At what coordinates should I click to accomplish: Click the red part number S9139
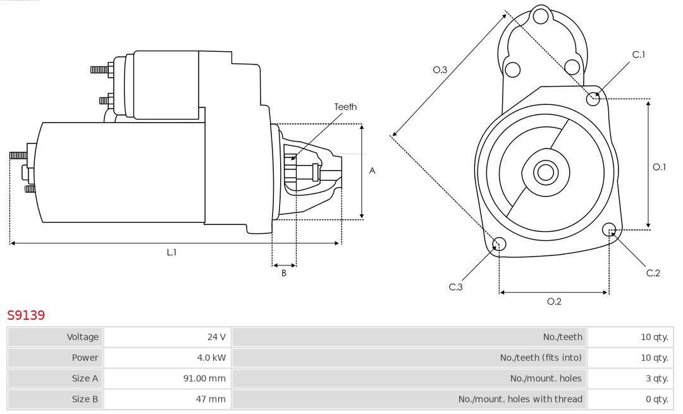pyautogui.click(x=26, y=315)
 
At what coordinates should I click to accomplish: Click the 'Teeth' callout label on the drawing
pyautogui.click(x=345, y=107)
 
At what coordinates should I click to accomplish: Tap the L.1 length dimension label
pyautogui.click(x=171, y=252)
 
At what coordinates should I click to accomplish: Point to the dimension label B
pyautogui.click(x=284, y=274)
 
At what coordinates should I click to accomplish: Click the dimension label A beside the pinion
pyautogui.click(x=372, y=171)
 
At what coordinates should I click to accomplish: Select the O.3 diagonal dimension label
pyautogui.click(x=440, y=70)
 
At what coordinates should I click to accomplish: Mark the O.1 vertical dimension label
pyautogui.click(x=659, y=167)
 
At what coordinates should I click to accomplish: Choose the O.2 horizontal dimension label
pyautogui.click(x=554, y=301)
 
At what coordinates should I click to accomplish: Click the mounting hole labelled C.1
pyautogui.click(x=593, y=98)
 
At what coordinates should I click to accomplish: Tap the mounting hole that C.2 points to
pyautogui.click(x=610, y=229)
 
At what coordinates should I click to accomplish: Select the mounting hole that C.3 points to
pyautogui.click(x=499, y=244)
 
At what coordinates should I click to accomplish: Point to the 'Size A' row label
pyautogui.click(x=85, y=379)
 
